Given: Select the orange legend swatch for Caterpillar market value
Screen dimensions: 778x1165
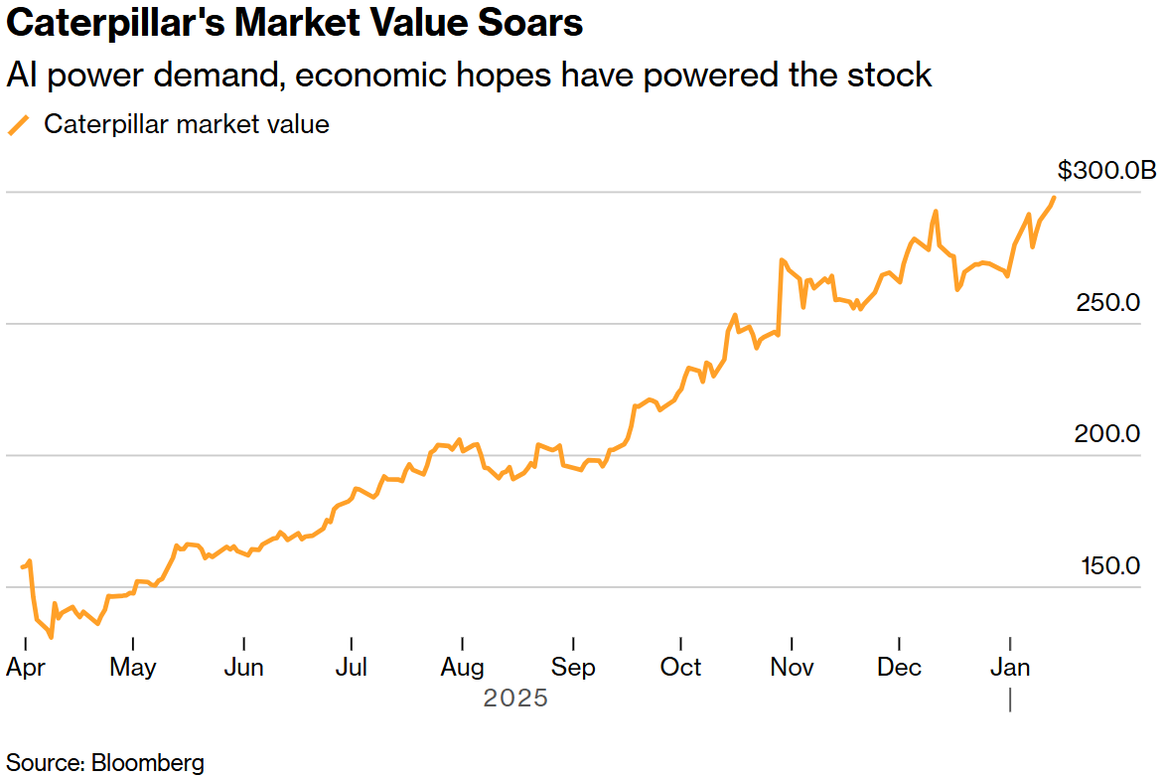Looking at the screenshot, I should [x=19, y=125].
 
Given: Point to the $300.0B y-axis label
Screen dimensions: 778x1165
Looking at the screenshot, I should [x=1106, y=171].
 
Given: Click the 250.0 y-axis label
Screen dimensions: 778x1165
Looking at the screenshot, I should [x=1107, y=302].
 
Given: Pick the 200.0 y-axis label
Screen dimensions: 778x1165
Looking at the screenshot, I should [x=1107, y=434].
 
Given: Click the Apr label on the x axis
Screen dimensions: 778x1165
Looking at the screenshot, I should [x=26, y=667].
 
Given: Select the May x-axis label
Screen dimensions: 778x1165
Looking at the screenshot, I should [x=132, y=667].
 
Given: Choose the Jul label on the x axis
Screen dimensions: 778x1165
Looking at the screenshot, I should [x=353, y=667].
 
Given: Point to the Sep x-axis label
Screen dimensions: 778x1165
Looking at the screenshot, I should [x=572, y=667].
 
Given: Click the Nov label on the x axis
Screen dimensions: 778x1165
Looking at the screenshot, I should [x=792, y=667].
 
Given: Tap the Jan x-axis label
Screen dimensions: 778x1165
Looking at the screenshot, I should [x=1010, y=667].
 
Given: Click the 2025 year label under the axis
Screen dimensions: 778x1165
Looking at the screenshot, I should [x=515, y=699].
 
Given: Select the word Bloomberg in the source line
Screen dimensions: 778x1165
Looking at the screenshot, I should [x=148, y=763].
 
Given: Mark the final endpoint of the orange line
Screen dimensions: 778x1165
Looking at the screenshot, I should [x=1054, y=197].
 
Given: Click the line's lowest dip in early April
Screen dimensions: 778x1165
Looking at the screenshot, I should [x=51, y=637].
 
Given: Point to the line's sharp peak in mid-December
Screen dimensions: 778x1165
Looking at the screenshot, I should [x=936, y=211].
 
